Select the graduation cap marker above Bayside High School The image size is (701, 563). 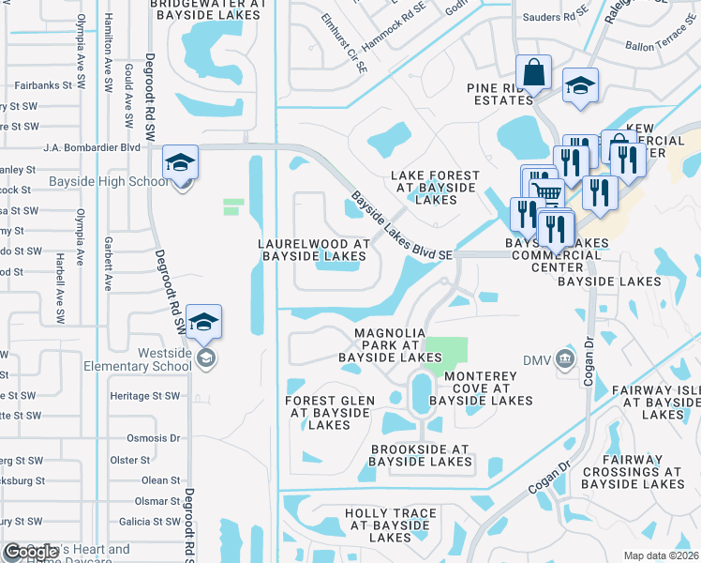pyautogui.click(x=180, y=161)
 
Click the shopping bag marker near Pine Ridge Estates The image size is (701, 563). pyautogui.click(x=533, y=72)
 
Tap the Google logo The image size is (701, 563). pyautogui.click(x=31, y=552)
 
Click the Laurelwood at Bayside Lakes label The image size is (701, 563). pyautogui.click(x=313, y=250)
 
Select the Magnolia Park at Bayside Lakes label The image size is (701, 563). pyautogui.click(x=389, y=345)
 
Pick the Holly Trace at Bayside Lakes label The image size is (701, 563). pyautogui.click(x=390, y=525)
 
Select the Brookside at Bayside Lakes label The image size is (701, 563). pyautogui.click(x=419, y=455)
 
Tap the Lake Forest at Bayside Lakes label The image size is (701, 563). pyautogui.click(x=435, y=188)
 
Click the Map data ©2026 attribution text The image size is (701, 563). pyautogui.click(x=662, y=555)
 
